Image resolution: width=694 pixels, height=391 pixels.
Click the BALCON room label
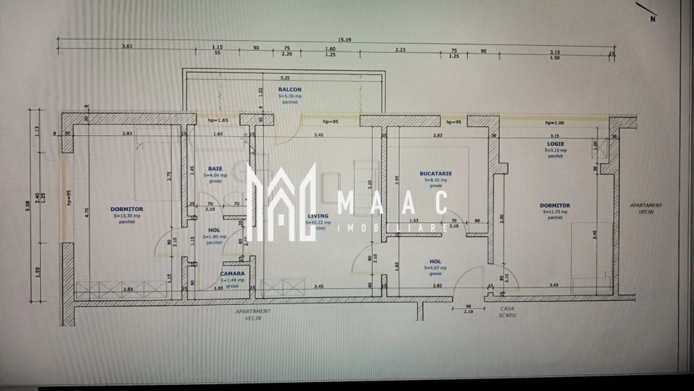290,90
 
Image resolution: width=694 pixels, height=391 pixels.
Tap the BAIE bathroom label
215,169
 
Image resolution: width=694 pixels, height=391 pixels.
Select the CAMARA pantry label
232,274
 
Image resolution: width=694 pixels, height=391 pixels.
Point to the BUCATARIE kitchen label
436,174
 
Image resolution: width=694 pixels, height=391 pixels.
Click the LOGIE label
555,144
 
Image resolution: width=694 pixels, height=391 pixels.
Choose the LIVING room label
318,216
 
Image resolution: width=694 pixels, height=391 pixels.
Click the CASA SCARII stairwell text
507,312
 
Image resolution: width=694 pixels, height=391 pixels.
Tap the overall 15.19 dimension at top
344,40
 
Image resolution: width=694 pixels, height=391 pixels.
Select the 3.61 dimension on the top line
127,46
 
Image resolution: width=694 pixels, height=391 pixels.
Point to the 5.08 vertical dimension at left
28,206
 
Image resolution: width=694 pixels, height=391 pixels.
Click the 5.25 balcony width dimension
285,78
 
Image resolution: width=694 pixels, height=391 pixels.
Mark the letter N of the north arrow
653,19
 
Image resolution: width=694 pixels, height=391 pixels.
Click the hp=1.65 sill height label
218,120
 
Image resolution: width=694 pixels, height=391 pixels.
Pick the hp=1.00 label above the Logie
554,123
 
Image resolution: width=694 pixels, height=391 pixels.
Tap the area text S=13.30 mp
127,215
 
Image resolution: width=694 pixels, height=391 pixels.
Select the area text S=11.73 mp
555,212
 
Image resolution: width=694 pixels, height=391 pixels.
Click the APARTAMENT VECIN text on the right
646,208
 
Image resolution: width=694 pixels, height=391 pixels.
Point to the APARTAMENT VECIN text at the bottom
253,315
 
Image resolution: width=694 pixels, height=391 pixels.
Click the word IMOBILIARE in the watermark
393,228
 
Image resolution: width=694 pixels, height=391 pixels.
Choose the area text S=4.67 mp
435,268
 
